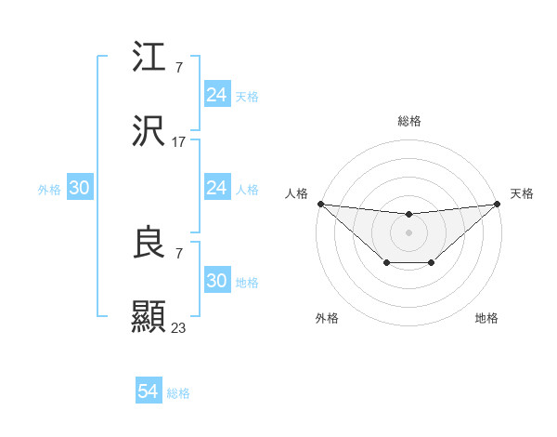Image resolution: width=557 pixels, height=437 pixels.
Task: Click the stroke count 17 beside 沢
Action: pyautogui.click(x=179, y=142)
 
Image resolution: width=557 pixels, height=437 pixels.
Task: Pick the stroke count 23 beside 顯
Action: pyautogui.click(x=179, y=327)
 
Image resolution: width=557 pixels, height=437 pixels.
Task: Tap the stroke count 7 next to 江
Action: pyautogui.click(x=179, y=68)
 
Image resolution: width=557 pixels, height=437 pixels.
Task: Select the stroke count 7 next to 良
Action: pyautogui.click(x=179, y=253)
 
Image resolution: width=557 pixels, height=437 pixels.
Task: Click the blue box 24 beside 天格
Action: pyautogui.click(x=217, y=95)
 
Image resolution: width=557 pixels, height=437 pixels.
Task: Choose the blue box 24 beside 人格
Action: pyautogui.click(x=217, y=188)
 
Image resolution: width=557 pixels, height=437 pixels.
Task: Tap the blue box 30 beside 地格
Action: pyautogui.click(x=217, y=281)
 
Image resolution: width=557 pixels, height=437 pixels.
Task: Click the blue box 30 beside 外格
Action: pyautogui.click(x=80, y=188)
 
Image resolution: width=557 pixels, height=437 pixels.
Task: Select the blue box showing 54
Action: pyautogui.click(x=149, y=392)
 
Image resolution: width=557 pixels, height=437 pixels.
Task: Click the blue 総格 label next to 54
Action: pyautogui.click(x=178, y=393)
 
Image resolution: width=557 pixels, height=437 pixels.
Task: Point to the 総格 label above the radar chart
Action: pyautogui.click(x=409, y=121)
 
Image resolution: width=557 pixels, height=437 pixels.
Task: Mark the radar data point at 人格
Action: pyautogui.click(x=320, y=204)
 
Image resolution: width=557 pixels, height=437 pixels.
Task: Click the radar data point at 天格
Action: pyautogui.click(x=498, y=204)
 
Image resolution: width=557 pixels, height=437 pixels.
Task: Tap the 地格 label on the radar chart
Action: pyautogui.click(x=486, y=318)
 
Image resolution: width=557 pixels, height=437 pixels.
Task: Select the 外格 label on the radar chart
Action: pyautogui.click(x=327, y=318)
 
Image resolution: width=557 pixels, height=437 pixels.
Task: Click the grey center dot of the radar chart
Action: pyautogui.click(x=409, y=232)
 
